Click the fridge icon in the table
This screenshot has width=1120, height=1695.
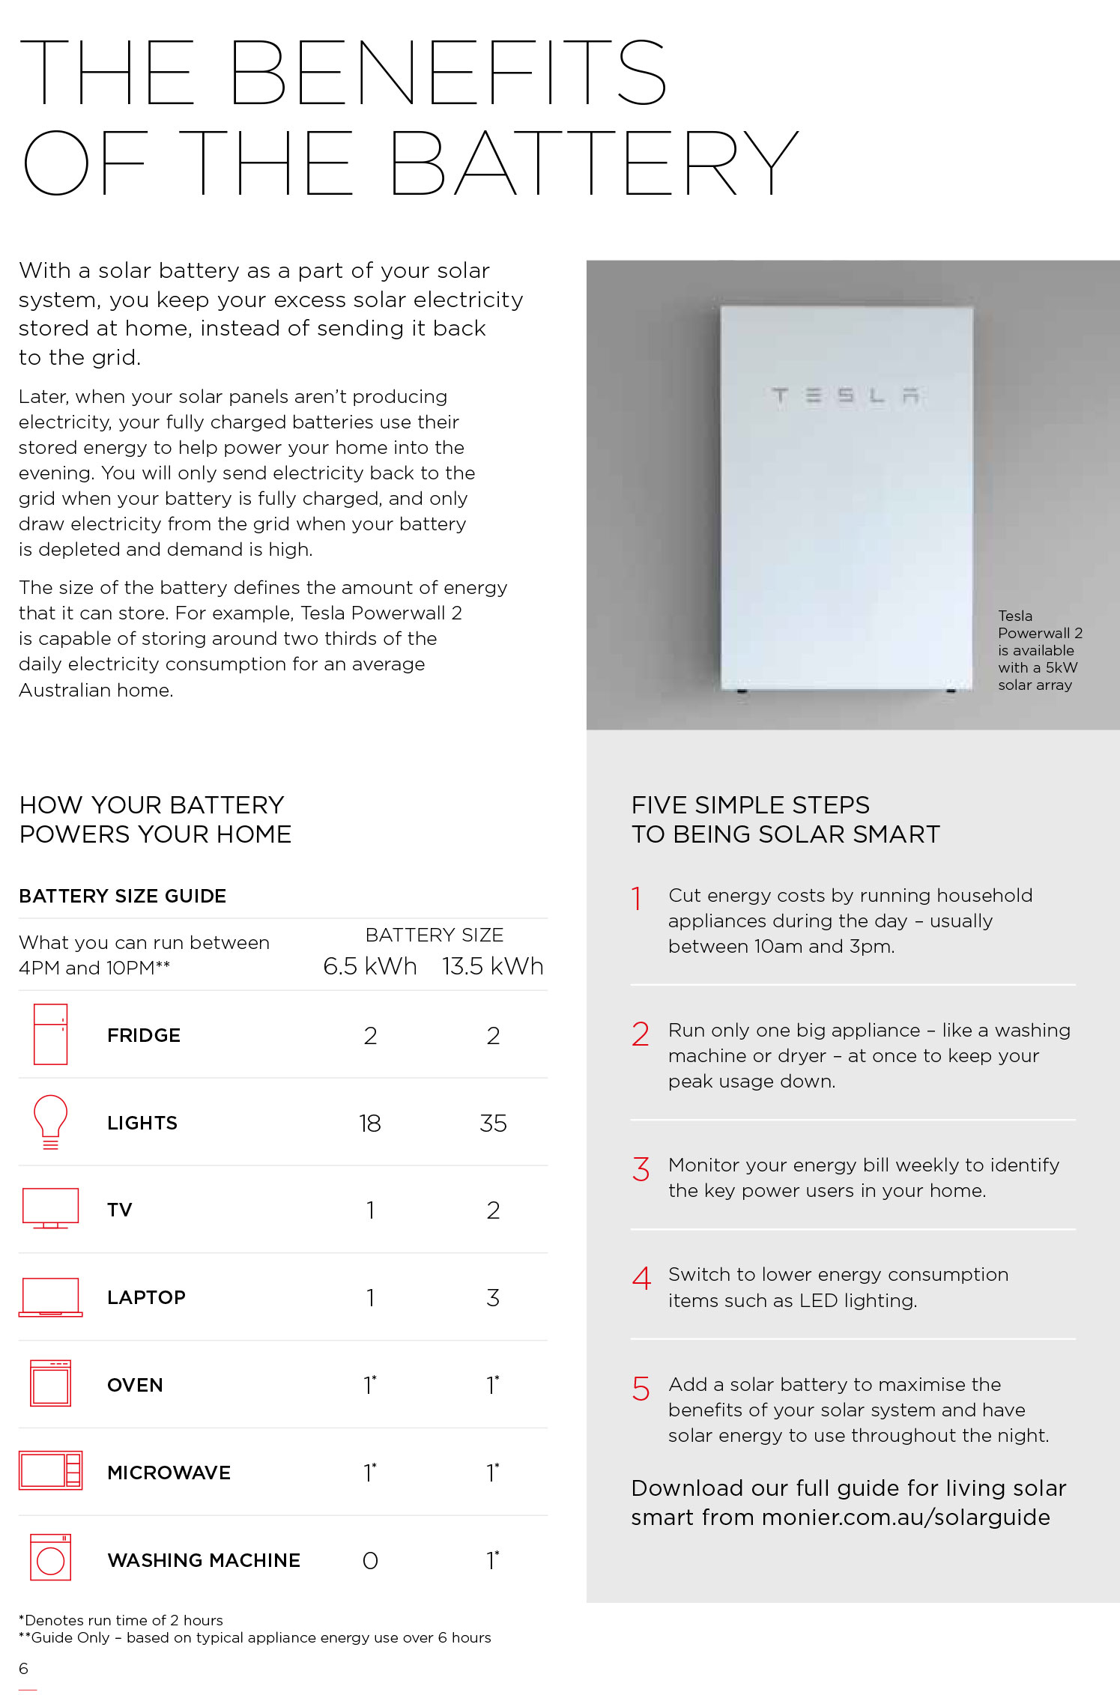tap(50, 1034)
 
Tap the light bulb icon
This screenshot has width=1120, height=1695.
tap(50, 1121)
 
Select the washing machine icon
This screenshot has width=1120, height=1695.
tap(50, 1557)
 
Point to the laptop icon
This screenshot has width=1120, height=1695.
tap(50, 1297)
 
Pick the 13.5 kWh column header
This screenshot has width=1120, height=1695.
tap(492, 966)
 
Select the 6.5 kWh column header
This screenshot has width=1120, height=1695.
tap(369, 966)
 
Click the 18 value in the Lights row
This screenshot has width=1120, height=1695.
tap(369, 1123)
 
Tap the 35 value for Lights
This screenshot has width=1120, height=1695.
tap(493, 1123)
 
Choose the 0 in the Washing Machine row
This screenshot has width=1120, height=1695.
tap(369, 1560)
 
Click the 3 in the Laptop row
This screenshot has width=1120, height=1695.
tap(492, 1297)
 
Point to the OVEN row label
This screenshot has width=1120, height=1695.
tap(135, 1385)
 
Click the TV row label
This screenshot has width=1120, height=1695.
tap(119, 1210)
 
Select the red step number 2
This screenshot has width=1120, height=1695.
tap(641, 1034)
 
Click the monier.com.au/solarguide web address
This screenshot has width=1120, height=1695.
tap(906, 1517)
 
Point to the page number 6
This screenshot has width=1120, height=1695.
tap(23, 1668)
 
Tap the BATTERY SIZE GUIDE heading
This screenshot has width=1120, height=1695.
tap(123, 896)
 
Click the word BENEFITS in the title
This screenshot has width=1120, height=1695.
tap(447, 73)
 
